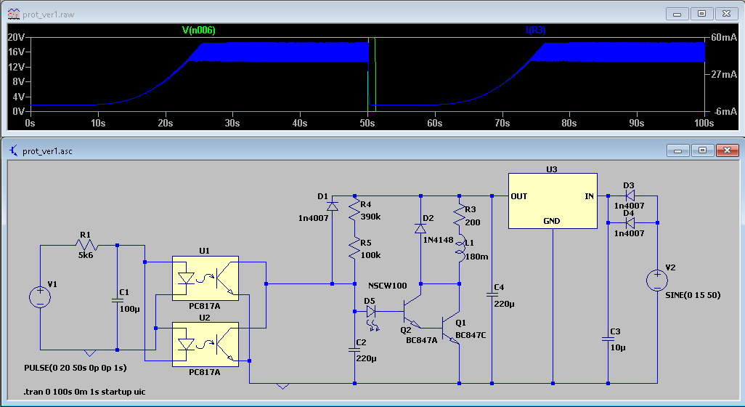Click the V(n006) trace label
tap(198, 31)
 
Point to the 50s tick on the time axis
tap(367, 124)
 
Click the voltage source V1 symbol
tap(40, 297)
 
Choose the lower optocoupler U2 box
tap(205, 344)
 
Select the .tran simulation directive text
tap(84, 392)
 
